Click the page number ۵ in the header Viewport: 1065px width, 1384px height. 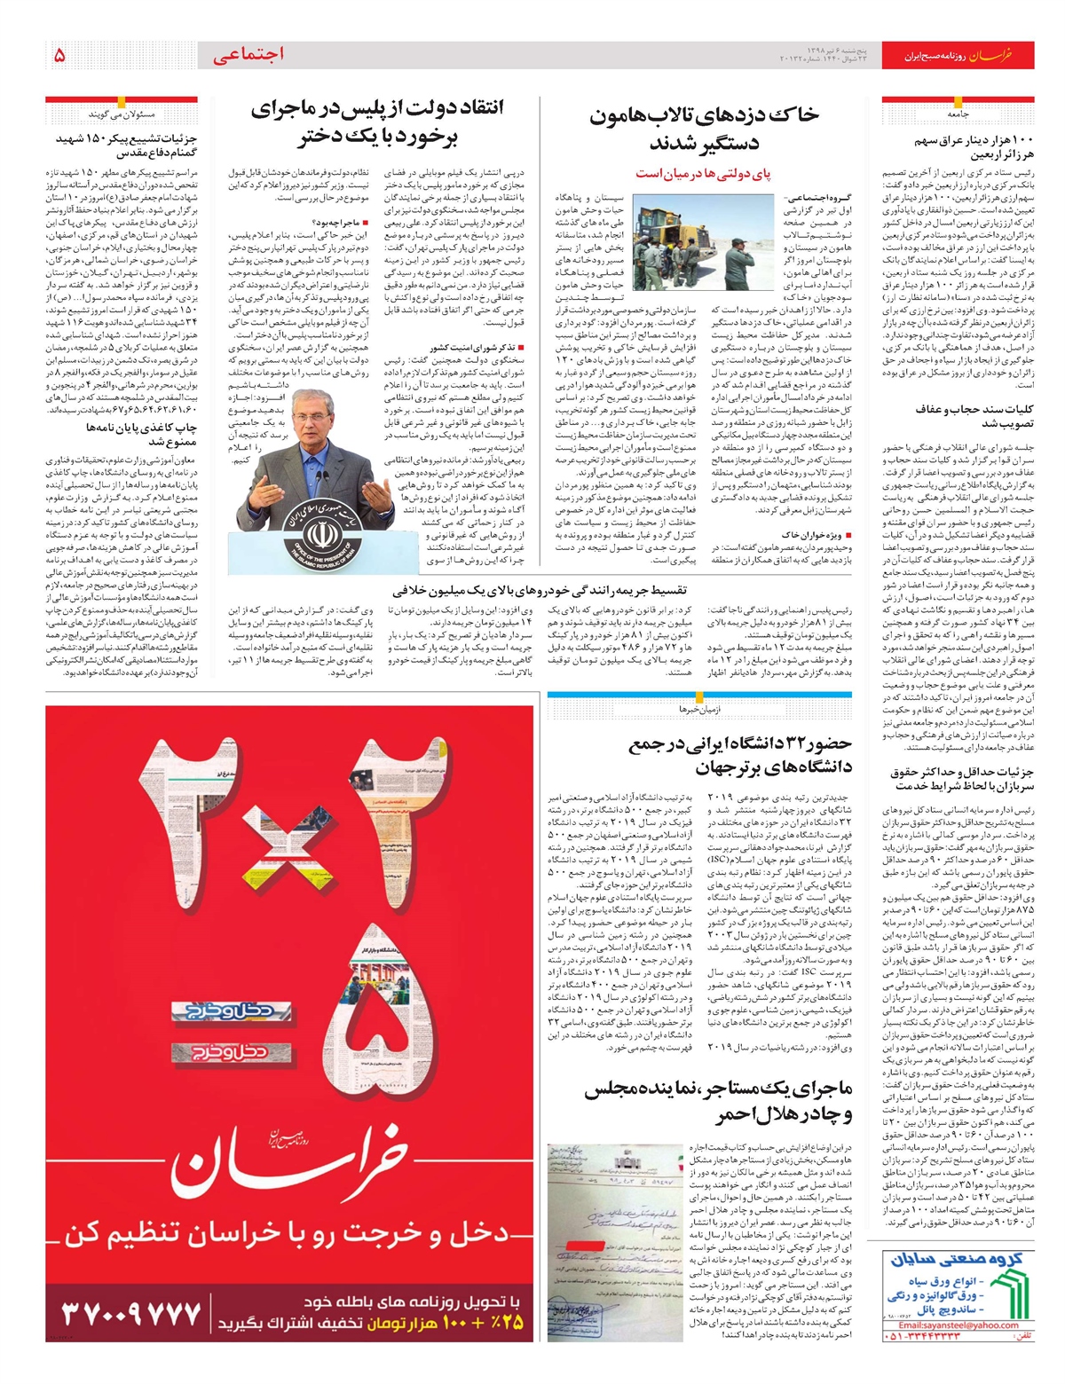click(x=59, y=55)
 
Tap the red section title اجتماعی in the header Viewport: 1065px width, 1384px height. click(x=248, y=55)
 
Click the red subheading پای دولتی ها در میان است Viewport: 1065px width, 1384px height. click(x=703, y=174)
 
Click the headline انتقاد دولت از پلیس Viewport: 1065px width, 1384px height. click(x=376, y=122)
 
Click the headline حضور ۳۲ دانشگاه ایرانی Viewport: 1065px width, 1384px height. click(x=740, y=755)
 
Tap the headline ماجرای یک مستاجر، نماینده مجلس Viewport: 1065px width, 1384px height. click(x=719, y=1101)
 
